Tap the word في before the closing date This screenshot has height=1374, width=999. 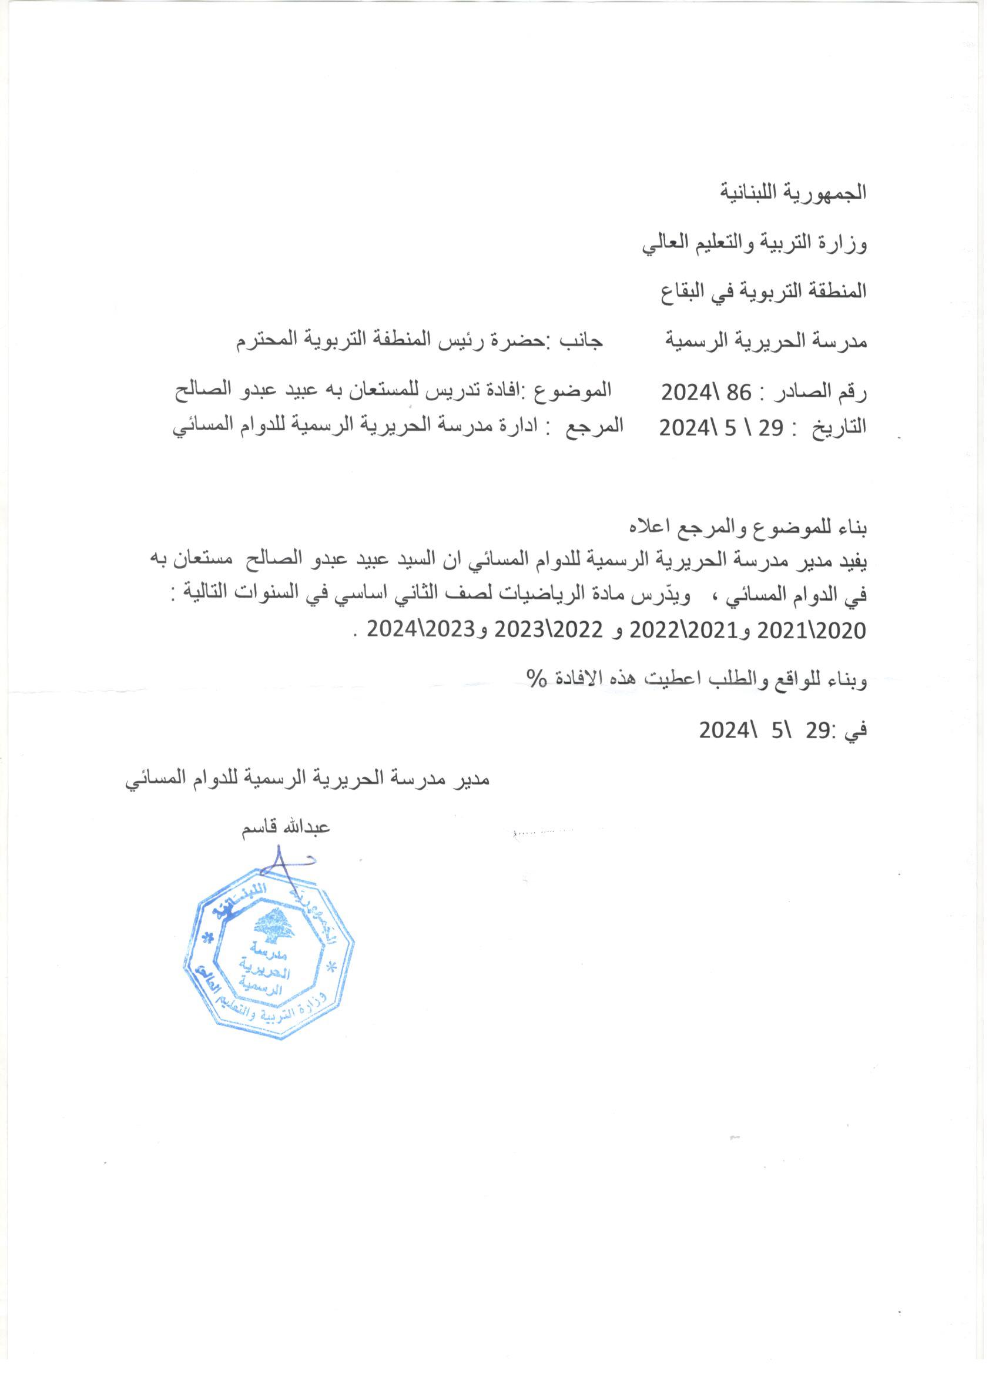click(x=856, y=731)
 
